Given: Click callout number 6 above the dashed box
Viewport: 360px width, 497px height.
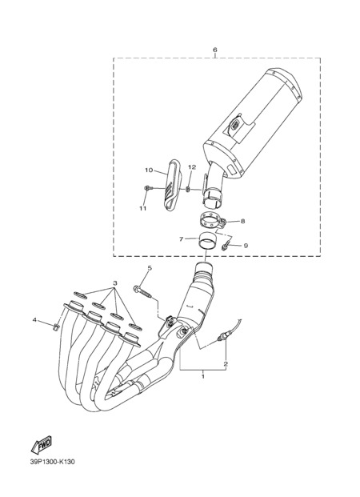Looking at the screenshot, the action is pos(215,50).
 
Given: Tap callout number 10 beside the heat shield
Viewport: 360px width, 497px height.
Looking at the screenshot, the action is pos(149,170).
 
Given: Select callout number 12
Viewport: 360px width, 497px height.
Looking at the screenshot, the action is pos(192,166).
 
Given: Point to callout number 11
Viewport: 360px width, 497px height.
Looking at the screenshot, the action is pos(142,208).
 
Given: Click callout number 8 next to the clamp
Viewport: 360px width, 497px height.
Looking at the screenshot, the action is pos(242,221).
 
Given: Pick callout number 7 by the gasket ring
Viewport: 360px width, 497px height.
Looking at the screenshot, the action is pos(182,239).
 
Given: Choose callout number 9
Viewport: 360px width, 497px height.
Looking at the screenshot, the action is pos(246,246).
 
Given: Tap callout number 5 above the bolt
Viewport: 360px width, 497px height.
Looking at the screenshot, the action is pos(150,268).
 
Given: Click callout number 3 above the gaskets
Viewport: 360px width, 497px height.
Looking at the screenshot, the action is pos(115,283).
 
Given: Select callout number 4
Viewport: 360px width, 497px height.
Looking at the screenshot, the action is pos(34,320).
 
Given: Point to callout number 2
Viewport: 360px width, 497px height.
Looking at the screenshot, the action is pos(226,364).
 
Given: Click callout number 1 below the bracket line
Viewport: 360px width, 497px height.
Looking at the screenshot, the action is pos(203,377).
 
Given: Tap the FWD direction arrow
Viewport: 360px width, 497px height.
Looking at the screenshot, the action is pos(41,445).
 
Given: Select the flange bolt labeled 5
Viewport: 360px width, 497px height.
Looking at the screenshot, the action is pos(142,292).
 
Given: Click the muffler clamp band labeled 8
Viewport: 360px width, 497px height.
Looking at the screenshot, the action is pos(212,221).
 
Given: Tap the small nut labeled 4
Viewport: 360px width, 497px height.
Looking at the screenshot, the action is pos(55,327).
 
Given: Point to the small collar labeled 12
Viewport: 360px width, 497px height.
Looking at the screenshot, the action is pos(187,189).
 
